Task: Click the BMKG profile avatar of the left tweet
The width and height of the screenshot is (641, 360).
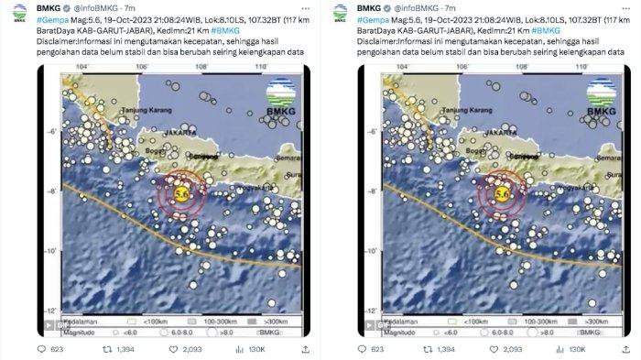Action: (18, 12)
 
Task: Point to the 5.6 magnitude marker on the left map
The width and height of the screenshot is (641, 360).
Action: (181, 193)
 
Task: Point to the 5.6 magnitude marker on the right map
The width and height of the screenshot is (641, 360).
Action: (502, 193)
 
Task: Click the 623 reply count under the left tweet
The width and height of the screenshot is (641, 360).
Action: (55, 348)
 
